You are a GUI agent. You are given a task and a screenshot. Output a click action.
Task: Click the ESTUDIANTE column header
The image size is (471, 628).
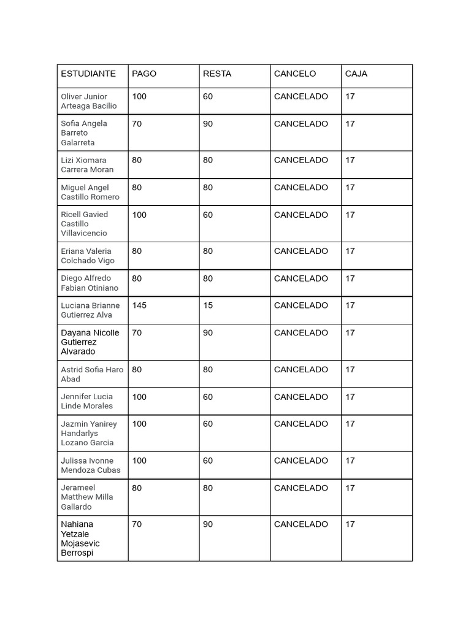(x=88, y=74)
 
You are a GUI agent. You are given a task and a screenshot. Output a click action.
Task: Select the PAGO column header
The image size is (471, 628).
(x=144, y=74)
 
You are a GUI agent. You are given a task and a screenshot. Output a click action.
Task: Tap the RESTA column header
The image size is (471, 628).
(x=217, y=74)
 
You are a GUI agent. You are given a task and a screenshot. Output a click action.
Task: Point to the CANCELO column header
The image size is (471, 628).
(x=295, y=74)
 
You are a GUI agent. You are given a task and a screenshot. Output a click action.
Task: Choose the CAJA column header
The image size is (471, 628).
(x=356, y=74)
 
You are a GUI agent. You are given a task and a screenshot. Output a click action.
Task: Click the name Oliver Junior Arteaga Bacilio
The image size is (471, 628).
(x=89, y=101)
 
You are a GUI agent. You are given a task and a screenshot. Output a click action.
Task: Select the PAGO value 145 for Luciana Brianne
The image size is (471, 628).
(x=139, y=305)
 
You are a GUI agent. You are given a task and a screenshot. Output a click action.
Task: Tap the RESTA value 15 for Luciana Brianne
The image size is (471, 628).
(x=208, y=305)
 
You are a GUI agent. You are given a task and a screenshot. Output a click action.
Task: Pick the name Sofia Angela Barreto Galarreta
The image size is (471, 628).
(x=84, y=132)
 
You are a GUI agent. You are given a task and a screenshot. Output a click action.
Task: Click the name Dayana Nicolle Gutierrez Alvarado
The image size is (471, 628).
(x=90, y=342)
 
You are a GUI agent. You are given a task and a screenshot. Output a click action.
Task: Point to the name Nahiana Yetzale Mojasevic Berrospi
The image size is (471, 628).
(x=80, y=538)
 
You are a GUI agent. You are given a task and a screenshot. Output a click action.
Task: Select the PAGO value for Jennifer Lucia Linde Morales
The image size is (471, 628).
(x=139, y=397)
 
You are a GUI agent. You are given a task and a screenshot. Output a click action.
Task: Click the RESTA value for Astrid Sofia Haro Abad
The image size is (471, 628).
(x=208, y=370)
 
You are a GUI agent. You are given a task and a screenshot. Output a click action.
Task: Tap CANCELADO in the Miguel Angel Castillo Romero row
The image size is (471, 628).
(x=301, y=188)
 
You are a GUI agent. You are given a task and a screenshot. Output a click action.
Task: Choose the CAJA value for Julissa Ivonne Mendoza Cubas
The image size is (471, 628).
(x=350, y=461)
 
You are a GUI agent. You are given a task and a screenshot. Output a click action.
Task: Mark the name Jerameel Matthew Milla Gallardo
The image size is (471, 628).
(x=87, y=497)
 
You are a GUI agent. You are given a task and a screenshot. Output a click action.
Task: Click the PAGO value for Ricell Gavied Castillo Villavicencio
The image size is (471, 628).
(x=139, y=215)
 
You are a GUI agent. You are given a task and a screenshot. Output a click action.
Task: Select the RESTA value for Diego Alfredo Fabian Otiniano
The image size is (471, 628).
(x=208, y=278)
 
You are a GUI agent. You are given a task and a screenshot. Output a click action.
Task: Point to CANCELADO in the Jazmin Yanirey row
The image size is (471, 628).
(x=301, y=424)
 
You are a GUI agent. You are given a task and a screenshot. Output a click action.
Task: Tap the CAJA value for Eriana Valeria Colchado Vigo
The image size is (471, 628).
(x=350, y=251)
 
